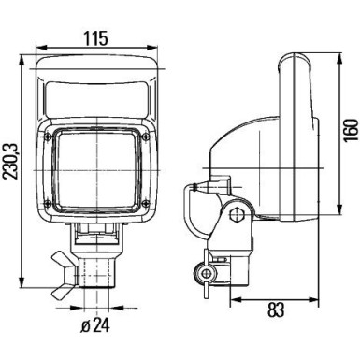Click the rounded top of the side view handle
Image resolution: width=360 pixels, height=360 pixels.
coord(292,65)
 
